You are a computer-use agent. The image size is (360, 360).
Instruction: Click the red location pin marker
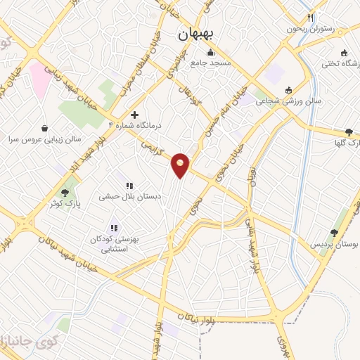(x=181, y=165)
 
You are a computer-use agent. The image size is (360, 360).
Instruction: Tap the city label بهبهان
(x=199, y=33)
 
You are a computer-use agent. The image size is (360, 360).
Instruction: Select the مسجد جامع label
(x=210, y=63)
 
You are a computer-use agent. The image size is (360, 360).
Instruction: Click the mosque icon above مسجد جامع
(x=210, y=53)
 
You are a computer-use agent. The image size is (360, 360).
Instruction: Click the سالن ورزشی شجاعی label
(x=288, y=101)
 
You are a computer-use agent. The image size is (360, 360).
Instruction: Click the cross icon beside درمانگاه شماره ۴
(x=135, y=115)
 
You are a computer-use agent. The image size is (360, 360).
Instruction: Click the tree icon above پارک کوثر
(x=65, y=193)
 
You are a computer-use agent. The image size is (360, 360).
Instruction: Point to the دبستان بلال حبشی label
(x=134, y=197)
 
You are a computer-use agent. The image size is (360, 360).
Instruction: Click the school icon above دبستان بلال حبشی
(x=129, y=186)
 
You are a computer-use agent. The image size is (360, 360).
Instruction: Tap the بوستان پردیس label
(x=335, y=244)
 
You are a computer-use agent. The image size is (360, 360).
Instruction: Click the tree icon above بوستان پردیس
(x=335, y=233)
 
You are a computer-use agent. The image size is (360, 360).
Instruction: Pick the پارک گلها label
(x=347, y=143)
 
